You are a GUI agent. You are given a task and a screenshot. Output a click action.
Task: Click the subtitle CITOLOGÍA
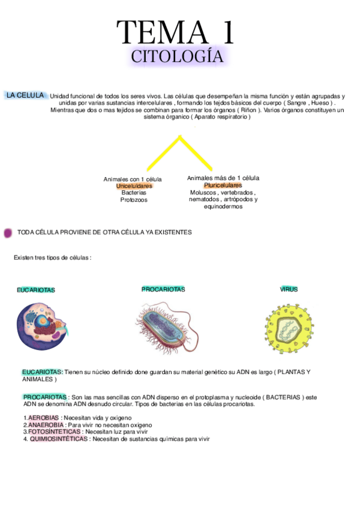pos(177,57)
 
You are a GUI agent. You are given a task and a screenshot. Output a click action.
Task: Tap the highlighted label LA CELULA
pos(25,95)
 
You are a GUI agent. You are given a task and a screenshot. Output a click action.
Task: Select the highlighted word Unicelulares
pos(134,186)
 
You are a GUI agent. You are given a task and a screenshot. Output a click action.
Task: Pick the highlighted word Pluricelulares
pos(223,185)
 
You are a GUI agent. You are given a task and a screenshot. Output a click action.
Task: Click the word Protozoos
pos(134,200)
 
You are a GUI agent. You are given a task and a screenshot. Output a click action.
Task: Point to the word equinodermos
pos(223,206)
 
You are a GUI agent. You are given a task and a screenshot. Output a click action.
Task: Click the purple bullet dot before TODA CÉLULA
pos(8,232)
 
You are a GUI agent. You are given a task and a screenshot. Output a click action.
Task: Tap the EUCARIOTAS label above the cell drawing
pos(36,290)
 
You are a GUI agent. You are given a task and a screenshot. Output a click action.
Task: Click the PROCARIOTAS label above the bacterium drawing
pos(163,289)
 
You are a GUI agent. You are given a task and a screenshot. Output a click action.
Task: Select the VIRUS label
pos(289,289)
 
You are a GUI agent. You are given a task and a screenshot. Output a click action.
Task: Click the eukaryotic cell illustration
pos(43,326)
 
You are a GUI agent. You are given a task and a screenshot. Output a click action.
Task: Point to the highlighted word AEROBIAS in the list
pos(43,418)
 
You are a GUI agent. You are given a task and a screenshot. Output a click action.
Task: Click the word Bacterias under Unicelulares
pos(134,193)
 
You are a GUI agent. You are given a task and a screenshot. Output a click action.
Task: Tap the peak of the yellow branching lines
pos(179,137)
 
